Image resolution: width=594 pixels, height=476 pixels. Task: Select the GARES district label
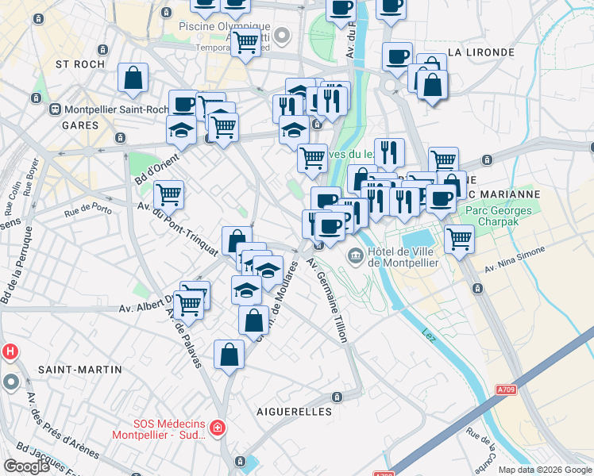pyautogui.click(x=80, y=125)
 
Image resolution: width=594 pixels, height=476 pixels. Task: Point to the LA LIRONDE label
pyautogui.click(x=481, y=52)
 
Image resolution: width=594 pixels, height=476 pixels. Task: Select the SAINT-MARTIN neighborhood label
pyautogui.click(x=80, y=370)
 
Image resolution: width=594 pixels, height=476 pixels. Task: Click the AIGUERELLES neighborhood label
pyautogui.click(x=294, y=412)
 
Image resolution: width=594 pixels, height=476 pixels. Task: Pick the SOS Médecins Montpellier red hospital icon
pyautogui.click(x=218, y=429)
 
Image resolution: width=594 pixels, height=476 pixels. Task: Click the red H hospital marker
pyautogui.click(x=10, y=351)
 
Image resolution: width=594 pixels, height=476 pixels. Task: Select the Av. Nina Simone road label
pyautogui.click(x=515, y=257)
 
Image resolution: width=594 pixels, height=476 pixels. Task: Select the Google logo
pyautogui.click(x=26, y=466)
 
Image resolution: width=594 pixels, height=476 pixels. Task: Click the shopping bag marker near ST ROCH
pyautogui.click(x=133, y=78)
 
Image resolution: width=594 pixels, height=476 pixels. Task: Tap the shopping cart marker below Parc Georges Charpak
pyautogui.click(x=459, y=239)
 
